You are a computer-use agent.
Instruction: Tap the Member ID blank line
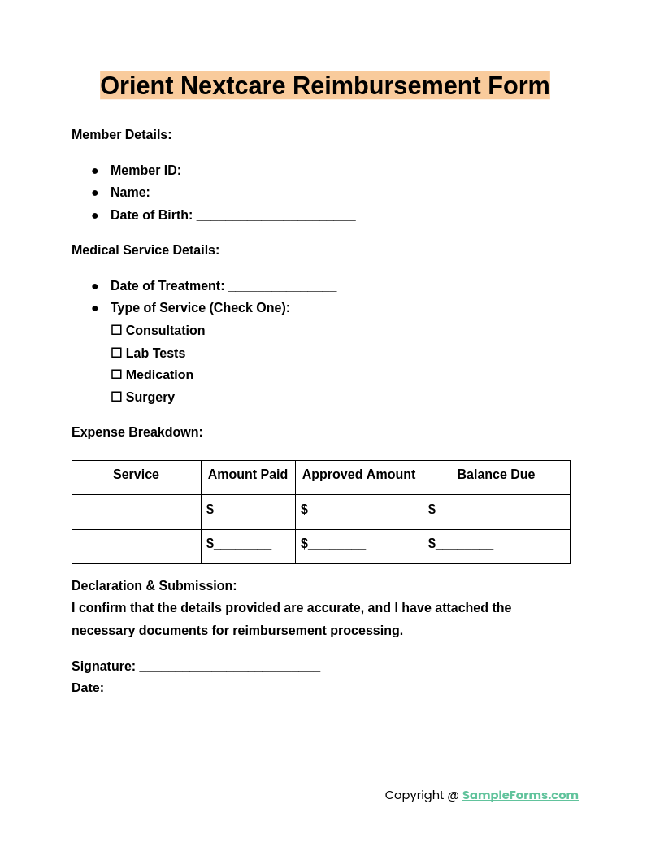275,172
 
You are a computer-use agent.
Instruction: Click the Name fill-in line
258,193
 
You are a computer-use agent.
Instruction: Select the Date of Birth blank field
276,216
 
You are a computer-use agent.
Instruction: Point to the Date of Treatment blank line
282,287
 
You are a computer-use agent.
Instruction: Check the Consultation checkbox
116,330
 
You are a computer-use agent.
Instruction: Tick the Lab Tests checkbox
116,353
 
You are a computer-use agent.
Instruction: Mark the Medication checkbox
116,375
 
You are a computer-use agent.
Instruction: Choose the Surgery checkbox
116,397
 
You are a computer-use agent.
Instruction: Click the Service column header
136,475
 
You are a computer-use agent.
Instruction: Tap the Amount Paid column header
248,475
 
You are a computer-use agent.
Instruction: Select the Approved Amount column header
358,475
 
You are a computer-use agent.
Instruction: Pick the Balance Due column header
496,475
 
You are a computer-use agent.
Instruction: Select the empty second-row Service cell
136,546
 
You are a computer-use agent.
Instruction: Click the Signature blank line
229,667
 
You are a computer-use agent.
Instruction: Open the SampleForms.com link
520,795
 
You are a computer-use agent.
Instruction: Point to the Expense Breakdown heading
137,432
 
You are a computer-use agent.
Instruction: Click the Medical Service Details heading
145,250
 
